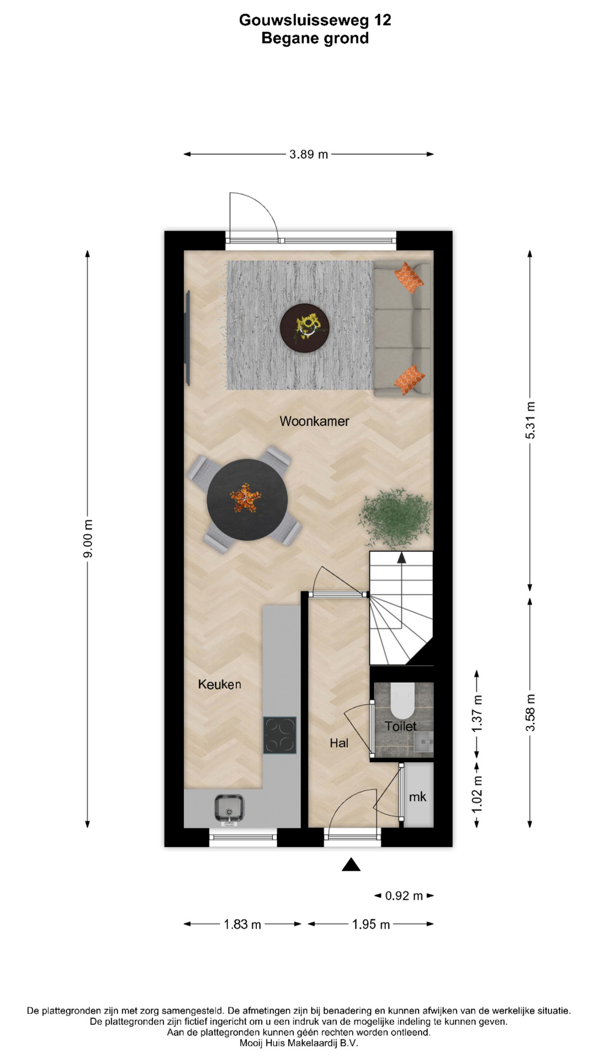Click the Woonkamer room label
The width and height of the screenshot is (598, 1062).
(x=314, y=421)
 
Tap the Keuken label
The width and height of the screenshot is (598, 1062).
(x=220, y=684)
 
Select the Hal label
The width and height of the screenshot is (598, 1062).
(x=339, y=743)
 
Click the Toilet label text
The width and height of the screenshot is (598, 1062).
(x=401, y=726)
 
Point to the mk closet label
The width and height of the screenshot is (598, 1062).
(x=417, y=796)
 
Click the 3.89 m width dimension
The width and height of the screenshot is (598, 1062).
(x=308, y=154)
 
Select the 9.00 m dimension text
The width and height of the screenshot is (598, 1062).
(x=88, y=539)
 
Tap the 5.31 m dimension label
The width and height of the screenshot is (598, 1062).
(x=530, y=420)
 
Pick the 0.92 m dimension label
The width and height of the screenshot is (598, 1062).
(x=404, y=896)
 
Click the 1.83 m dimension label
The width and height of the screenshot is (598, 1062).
(x=243, y=924)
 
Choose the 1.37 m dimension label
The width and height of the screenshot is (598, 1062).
(x=477, y=714)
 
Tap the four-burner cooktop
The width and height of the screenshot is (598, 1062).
(x=280, y=735)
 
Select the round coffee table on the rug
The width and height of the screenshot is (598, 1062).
(x=305, y=328)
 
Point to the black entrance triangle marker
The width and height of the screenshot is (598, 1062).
(x=351, y=865)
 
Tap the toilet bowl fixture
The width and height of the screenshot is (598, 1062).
(x=403, y=700)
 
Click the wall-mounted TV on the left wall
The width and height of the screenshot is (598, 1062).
(x=188, y=338)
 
